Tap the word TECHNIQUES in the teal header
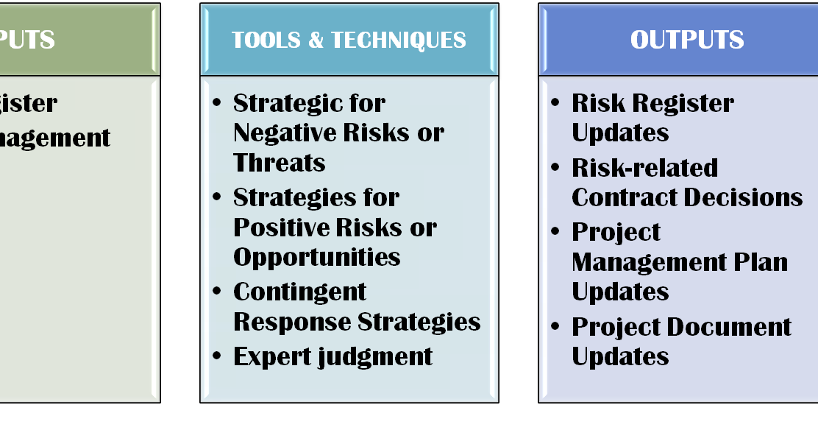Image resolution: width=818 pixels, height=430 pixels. pos(398,40)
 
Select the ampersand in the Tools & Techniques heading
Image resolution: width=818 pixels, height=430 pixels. pos(316,40)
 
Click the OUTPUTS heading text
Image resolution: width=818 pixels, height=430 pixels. pos(687,40)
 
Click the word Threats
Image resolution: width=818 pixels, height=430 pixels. pos(280,163)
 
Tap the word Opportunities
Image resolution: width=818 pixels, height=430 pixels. pos(317,257)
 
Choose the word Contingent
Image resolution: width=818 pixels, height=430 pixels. pos(300,292)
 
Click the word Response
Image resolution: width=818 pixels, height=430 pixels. pos(292,322)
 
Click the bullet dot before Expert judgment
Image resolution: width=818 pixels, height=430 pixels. pos(217,356)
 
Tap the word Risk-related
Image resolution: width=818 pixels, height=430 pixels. pos(644,168)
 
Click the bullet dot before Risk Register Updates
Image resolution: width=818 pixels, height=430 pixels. pos(555,103)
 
